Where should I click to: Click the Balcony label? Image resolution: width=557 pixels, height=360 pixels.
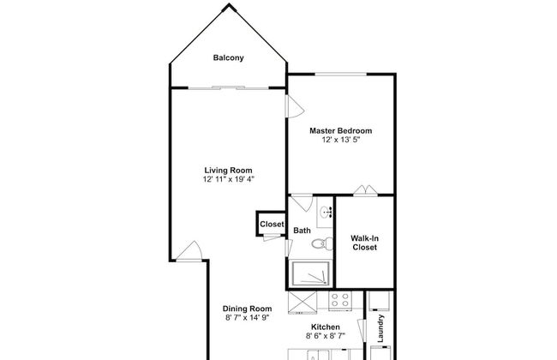(229, 57)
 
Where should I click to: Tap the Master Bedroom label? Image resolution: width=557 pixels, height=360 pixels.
(341, 130)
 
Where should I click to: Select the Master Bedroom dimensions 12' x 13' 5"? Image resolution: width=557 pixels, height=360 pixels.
(341, 140)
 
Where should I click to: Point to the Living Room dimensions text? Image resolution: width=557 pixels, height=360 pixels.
(229, 179)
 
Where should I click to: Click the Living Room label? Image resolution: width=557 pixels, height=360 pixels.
(229, 171)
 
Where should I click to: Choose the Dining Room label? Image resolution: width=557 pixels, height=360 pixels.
(248, 309)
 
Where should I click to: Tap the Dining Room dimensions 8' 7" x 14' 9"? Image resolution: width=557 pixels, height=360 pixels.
(248, 317)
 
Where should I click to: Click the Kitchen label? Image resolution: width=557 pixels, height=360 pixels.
(326, 327)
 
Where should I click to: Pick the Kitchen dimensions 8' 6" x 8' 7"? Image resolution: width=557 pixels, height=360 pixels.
(326, 336)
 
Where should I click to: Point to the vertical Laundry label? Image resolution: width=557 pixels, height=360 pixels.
(380, 328)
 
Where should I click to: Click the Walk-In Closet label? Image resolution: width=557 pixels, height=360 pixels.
(364, 243)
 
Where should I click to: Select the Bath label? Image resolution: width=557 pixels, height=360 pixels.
(302, 231)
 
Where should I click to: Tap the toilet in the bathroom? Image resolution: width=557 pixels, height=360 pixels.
(322, 243)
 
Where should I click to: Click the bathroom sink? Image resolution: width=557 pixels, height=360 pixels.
(325, 213)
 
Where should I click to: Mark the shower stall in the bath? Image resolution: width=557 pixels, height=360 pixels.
(310, 273)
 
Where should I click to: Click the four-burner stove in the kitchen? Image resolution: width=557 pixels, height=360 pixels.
(340, 301)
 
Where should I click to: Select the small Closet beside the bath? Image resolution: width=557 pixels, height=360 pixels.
(272, 224)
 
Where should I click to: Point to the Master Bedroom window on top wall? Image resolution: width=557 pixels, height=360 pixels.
(341, 75)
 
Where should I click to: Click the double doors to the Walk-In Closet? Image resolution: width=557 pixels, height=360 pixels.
(366, 191)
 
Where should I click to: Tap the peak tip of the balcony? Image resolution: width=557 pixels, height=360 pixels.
(229, 4)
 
